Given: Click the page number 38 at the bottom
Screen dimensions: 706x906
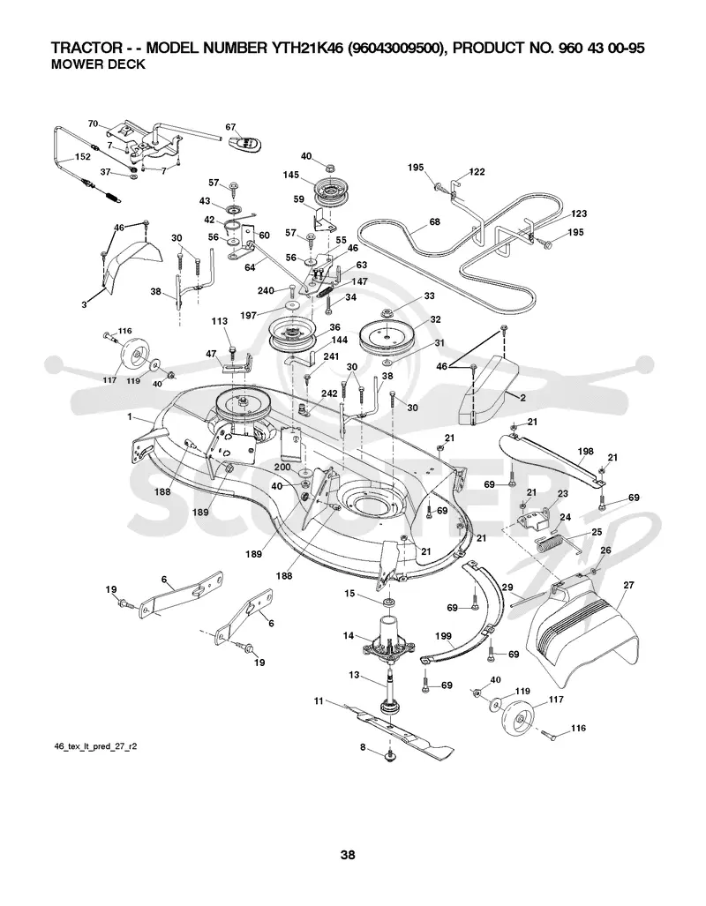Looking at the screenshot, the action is click(x=348, y=855).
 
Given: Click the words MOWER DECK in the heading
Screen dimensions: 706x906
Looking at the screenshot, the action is click(x=98, y=64).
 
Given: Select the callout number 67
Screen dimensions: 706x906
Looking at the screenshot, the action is click(x=230, y=127).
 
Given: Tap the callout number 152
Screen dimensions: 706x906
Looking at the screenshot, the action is click(x=83, y=156).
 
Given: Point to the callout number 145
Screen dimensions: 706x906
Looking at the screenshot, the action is click(x=291, y=175).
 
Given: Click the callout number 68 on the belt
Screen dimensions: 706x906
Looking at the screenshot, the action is click(x=434, y=222).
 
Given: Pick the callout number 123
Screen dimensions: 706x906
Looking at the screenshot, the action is click(x=579, y=213).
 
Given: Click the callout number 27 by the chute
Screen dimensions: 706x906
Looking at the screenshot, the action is click(x=628, y=585).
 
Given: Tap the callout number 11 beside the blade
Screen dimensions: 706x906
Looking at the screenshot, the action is click(x=319, y=700).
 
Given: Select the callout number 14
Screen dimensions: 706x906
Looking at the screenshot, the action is click(x=348, y=635).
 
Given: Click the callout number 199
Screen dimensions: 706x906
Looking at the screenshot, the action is click(x=443, y=636).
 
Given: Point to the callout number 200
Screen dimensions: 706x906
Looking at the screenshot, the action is click(x=282, y=467).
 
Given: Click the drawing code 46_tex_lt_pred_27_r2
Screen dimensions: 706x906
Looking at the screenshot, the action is click(x=95, y=746).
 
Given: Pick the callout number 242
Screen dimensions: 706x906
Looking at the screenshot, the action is click(x=329, y=393).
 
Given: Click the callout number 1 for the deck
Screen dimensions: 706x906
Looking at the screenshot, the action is click(x=130, y=416).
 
